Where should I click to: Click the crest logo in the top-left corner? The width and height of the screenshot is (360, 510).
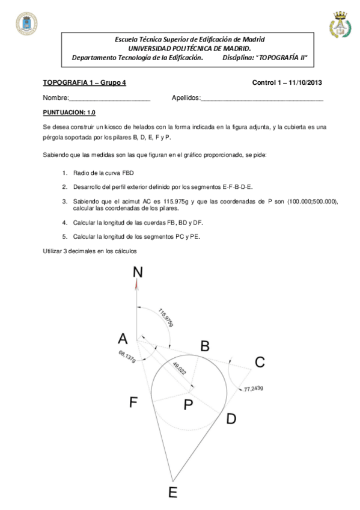point(26,23)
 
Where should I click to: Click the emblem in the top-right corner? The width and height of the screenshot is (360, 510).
point(340,24)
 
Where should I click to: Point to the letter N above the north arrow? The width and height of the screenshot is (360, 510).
point(138,272)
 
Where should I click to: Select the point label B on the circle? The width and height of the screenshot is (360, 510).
point(204,346)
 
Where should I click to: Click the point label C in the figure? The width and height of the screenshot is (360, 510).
point(260,362)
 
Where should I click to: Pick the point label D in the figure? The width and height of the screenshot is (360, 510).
point(231,419)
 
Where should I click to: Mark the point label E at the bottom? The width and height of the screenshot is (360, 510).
point(172,493)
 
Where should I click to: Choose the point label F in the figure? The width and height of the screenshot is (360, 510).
point(134,402)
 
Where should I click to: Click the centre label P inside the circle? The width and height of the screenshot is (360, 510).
point(188,405)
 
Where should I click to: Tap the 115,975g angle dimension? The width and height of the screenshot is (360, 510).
point(166,318)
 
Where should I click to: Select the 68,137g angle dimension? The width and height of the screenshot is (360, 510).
point(127,356)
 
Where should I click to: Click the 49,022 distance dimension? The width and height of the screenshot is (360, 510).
point(179,370)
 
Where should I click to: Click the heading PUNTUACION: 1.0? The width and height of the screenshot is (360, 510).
point(69,112)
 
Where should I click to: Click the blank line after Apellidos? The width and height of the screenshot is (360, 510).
point(261,98)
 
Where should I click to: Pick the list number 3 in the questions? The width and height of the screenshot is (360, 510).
point(64,201)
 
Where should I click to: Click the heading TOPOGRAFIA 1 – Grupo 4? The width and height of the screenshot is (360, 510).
point(85,82)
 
